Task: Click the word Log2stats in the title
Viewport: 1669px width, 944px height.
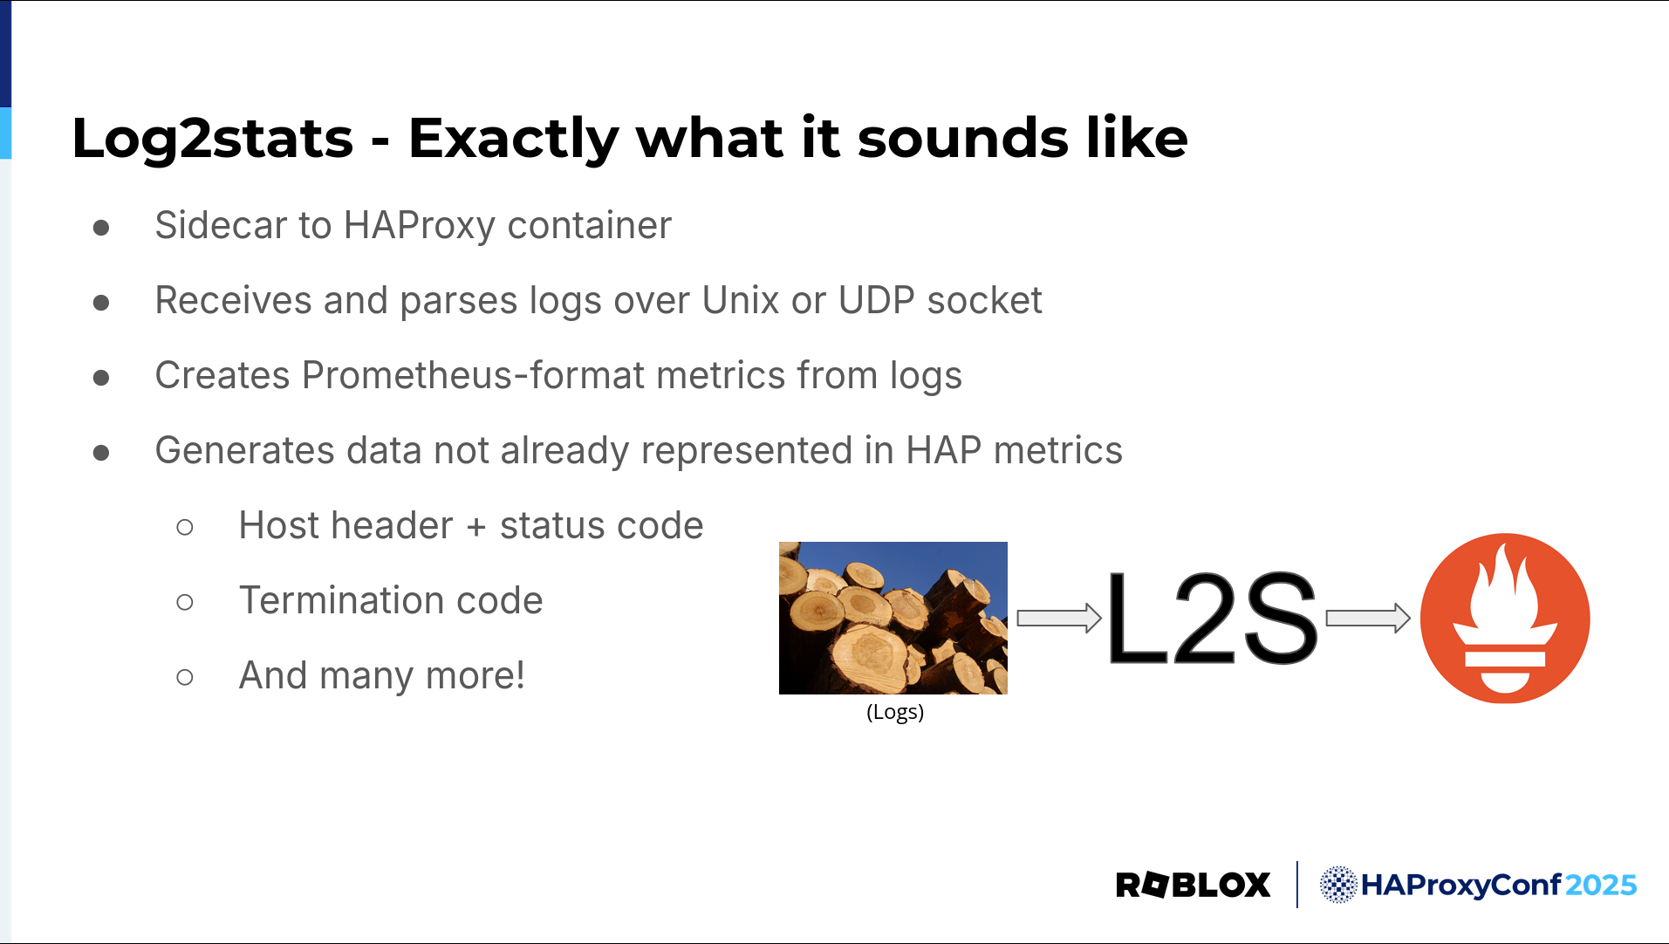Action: pos(213,139)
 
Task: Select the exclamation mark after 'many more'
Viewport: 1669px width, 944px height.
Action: pos(520,674)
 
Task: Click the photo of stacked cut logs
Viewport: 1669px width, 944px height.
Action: pos(893,618)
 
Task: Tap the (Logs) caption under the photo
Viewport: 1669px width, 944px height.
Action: pos(895,712)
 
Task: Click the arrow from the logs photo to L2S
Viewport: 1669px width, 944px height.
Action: pos(1059,619)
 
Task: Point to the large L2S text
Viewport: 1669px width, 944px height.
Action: pos(1212,619)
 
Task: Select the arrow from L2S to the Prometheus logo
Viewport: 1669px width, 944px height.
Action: pos(1368,619)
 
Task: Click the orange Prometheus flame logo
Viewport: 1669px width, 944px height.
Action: pos(1505,619)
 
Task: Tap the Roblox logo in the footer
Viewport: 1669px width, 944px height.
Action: pos(1193,885)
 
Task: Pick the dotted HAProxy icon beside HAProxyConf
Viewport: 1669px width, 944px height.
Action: pos(1338,885)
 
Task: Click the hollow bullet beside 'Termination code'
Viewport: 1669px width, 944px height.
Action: pos(185,602)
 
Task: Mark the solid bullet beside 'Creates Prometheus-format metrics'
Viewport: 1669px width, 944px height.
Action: pos(101,378)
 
